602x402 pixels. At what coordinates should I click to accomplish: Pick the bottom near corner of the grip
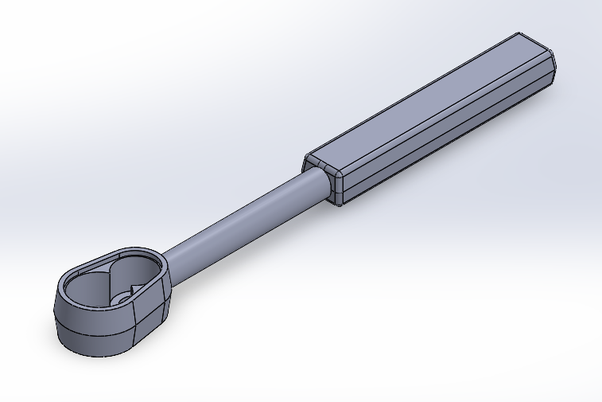point(340,205)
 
